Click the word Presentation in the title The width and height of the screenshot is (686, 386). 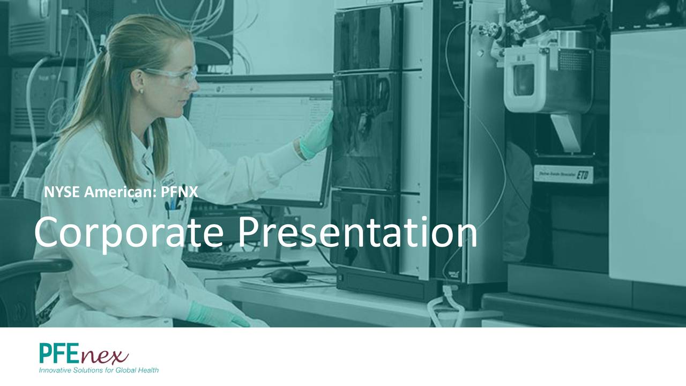pos(357,232)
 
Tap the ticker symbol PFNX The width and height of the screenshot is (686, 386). pos(180,192)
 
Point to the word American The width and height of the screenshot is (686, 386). pos(121,192)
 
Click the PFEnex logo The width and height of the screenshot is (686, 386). pos(84,354)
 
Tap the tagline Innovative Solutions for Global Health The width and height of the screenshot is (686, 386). pos(99,370)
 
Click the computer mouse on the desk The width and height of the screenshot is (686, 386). pos(289,276)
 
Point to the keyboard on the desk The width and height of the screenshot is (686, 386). pos(221,261)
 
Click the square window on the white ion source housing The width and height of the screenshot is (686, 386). pos(524,80)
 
